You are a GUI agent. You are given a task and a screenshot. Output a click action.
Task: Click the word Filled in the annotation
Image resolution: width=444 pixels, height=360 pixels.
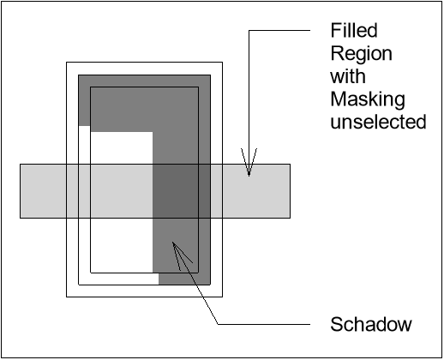(351, 32)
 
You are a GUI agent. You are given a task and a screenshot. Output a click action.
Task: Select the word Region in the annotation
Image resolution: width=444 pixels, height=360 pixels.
(361, 54)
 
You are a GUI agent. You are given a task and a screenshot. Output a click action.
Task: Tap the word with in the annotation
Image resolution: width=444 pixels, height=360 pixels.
(346, 77)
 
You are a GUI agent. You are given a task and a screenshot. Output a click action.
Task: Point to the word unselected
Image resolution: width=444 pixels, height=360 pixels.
(377, 123)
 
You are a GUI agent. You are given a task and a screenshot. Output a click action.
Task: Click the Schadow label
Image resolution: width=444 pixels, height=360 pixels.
(371, 325)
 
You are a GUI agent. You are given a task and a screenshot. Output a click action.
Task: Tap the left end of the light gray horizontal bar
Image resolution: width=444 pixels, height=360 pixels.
(23, 190)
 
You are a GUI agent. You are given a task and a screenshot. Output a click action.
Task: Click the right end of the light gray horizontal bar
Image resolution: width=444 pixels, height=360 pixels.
(287, 190)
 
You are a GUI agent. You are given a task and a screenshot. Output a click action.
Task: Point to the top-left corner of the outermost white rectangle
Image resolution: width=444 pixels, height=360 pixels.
(67, 62)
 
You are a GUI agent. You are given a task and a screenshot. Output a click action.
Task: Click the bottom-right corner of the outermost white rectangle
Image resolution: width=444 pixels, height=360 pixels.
(223, 297)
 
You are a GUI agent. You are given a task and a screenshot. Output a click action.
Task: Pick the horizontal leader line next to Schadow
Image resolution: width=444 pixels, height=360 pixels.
(266, 324)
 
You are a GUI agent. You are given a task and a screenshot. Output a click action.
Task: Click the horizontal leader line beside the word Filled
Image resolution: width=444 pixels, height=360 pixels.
(283, 32)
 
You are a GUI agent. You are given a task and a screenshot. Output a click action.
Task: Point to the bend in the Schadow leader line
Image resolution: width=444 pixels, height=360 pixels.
(220, 324)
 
